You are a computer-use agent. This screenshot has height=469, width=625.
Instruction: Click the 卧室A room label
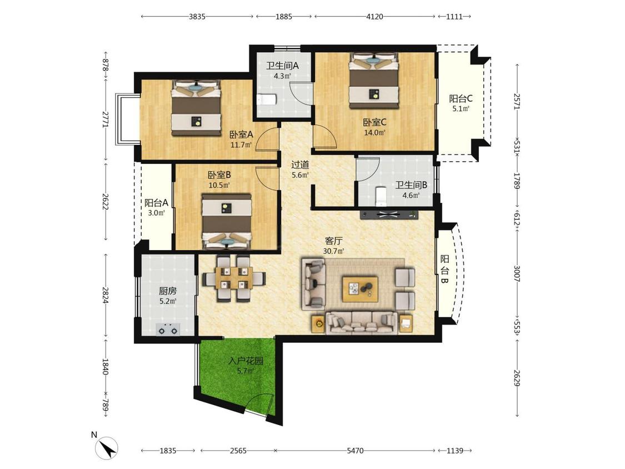click(241, 135)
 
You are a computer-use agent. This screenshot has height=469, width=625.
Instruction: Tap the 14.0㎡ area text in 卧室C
click(374, 133)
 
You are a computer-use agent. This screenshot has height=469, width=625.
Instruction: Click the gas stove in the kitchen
click(168, 330)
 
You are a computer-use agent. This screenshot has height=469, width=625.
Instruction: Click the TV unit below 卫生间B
click(389, 214)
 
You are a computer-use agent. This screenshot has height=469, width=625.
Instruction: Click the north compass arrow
click(107, 448)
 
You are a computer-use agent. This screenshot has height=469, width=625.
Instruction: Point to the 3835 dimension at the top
click(197, 16)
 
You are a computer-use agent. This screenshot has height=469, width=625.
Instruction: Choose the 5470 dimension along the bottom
click(355, 451)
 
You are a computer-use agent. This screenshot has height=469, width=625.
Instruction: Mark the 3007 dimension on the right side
click(517, 273)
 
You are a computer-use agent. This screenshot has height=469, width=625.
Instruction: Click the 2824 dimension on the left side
click(106, 295)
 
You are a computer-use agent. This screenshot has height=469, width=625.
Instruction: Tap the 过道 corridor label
click(300, 164)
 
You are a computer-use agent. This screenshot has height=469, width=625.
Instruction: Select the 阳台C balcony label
click(461, 98)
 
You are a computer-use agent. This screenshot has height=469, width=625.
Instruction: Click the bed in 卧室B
click(227, 221)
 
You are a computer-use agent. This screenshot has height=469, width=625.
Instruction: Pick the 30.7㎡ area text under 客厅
click(334, 251)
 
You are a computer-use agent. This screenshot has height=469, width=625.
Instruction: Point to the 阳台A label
click(156, 203)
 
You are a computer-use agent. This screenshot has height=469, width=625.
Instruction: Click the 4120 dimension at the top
click(374, 16)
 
